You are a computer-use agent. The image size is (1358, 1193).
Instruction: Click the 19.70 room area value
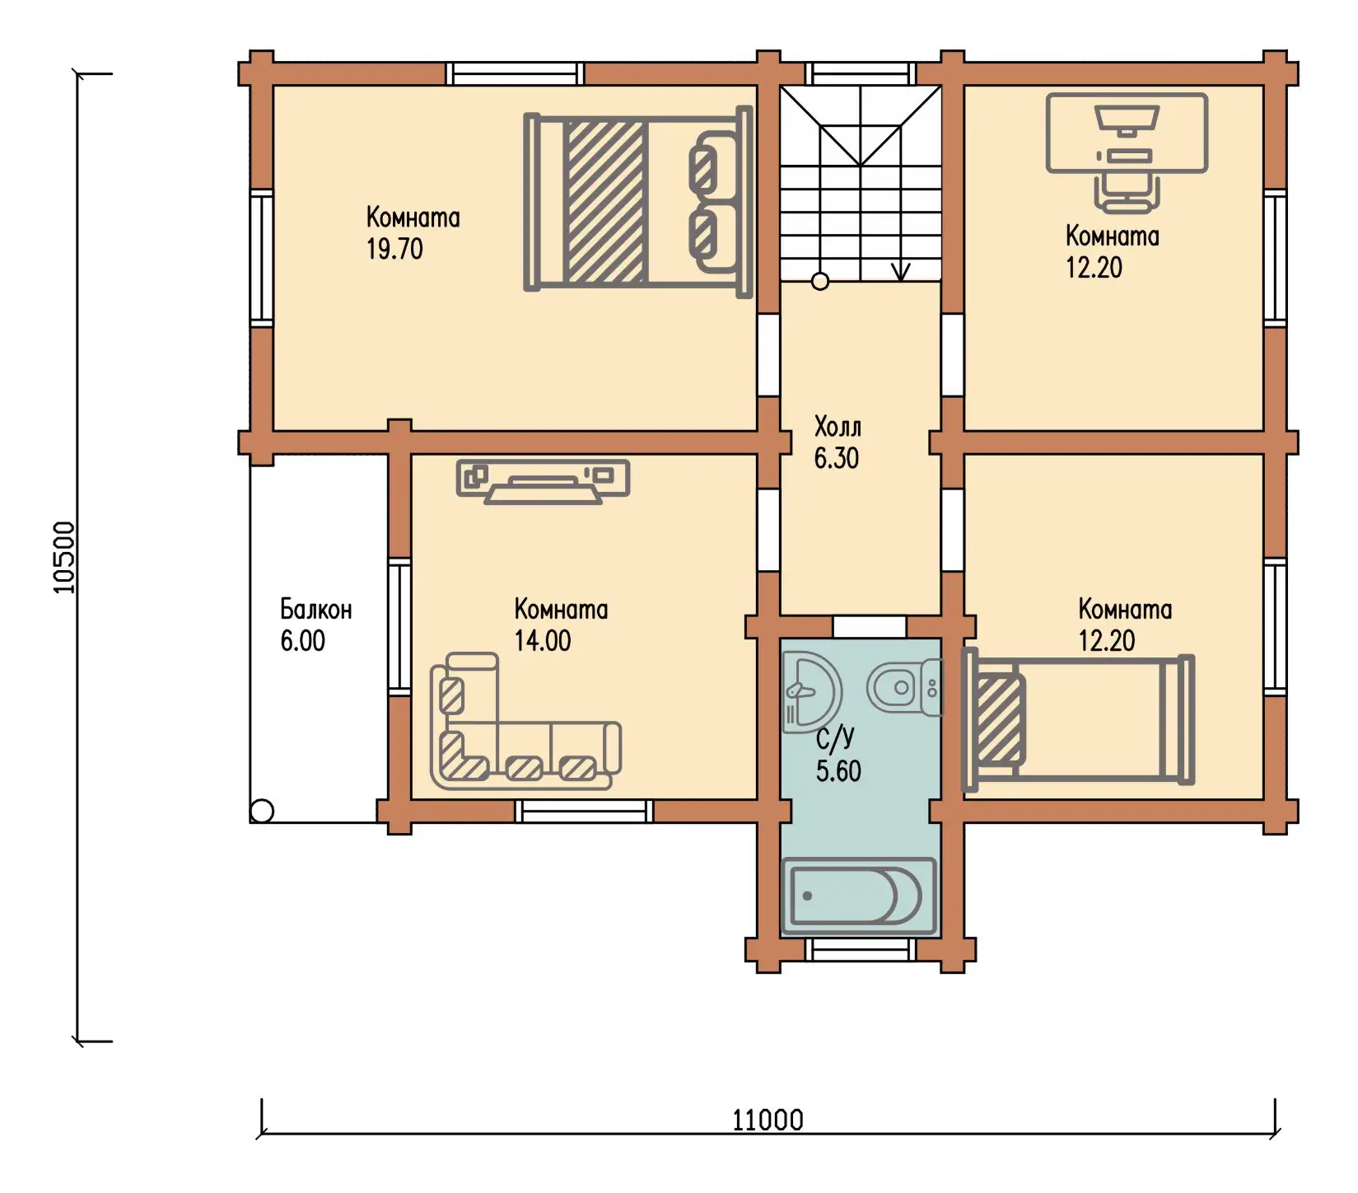(x=394, y=249)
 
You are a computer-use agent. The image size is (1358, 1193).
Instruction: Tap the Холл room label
(x=838, y=427)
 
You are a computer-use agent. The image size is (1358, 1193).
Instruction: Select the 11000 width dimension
(x=768, y=1120)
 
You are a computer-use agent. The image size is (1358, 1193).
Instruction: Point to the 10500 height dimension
(x=64, y=557)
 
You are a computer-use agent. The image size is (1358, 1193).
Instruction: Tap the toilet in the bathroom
(x=903, y=686)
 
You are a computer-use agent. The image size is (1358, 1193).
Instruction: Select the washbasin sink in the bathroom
(x=811, y=691)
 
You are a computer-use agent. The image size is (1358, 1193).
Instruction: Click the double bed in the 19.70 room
(x=638, y=202)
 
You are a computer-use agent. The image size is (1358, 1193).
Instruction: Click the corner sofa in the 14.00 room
(x=525, y=721)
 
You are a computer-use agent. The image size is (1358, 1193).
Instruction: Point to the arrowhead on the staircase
(x=901, y=271)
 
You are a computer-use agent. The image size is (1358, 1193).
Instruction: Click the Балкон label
(x=316, y=610)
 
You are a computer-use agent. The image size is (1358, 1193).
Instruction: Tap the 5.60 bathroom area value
(x=838, y=771)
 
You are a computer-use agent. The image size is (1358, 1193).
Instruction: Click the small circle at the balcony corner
(x=262, y=811)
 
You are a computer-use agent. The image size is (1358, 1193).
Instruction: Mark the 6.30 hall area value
(x=837, y=458)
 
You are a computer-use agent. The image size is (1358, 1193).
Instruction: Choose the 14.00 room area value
(x=543, y=641)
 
